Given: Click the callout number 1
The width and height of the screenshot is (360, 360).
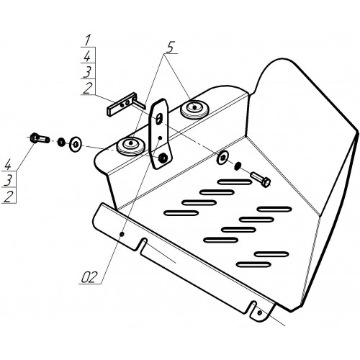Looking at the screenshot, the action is pyautogui.click(x=88, y=40).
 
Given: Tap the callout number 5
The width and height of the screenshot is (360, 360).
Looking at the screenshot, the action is pyautogui.click(x=169, y=47).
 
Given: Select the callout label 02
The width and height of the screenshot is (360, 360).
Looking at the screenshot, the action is pyautogui.click(x=89, y=277).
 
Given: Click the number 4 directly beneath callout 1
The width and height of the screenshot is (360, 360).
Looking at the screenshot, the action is pyautogui.click(x=87, y=57).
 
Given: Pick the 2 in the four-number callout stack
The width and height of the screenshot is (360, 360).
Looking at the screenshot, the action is pyautogui.click(x=88, y=88).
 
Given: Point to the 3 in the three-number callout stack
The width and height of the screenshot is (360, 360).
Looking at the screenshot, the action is pyautogui.click(x=8, y=180).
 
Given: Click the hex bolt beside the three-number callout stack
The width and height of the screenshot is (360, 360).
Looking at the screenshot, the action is pyautogui.click(x=40, y=138).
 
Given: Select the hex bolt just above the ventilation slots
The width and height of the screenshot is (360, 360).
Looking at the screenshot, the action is pyautogui.click(x=261, y=179).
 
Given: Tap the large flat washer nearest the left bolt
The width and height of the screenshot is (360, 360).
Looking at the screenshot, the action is pyautogui.click(x=76, y=144).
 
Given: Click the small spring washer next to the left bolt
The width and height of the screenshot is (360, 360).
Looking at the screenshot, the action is pyautogui.click(x=62, y=142).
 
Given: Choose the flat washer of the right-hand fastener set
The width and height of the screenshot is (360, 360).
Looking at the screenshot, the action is pyautogui.click(x=222, y=158).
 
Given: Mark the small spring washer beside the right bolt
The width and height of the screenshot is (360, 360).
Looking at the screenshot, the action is pyautogui.click(x=238, y=166).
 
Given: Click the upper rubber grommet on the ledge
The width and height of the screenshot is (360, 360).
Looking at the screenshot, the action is pyautogui.click(x=194, y=109).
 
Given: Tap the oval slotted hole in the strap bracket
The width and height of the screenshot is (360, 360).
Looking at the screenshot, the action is pyautogui.click(x=158, y=119).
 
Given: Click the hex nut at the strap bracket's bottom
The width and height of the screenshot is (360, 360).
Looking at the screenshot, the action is pyautogui.click(x=163, y=157).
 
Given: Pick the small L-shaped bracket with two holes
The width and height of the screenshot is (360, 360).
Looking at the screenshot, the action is pyautogui.click(x=125, y=104).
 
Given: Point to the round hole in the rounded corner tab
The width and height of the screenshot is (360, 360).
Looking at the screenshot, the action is pyautogui.click(x=259, y=312).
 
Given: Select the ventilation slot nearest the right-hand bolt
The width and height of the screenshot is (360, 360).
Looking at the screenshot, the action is pyautogui.click(x=235, y=182).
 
